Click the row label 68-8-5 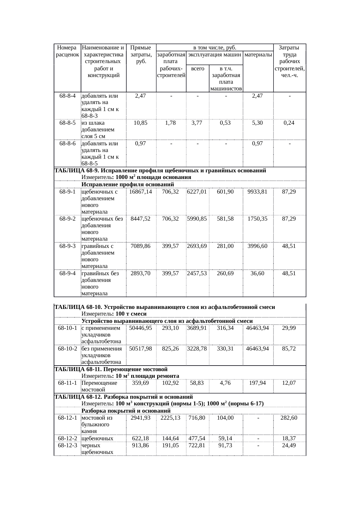[67, 123]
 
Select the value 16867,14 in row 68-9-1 [141, 192]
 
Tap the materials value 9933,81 [257, 192]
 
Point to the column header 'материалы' [258, 54]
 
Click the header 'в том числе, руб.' [215, 47]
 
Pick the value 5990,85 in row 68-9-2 [197, 219]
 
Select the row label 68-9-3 [67, 246]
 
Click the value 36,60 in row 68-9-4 [257, 273]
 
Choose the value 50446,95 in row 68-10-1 [141, 328]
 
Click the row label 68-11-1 [67, 383]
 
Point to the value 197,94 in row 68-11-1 [257, 383]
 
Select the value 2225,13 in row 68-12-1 [170, 418]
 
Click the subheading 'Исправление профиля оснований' [128, 185]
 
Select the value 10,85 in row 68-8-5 [141, 123]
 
